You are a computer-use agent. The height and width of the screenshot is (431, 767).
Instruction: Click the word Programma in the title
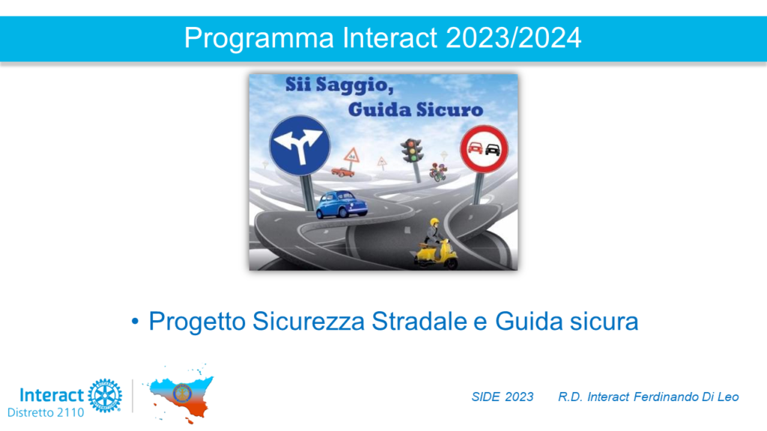pos(258,39)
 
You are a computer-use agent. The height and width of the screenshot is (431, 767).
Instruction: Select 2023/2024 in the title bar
pos(513,37)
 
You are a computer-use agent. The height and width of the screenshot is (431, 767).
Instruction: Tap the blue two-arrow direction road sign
pos(300,146)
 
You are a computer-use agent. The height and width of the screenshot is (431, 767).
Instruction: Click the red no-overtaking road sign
pos(484,149)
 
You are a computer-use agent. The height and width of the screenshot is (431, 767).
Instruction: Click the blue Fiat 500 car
pos(342,204)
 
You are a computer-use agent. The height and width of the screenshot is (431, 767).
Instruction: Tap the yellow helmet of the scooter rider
pos(434,222)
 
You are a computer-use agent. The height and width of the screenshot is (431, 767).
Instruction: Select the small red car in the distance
pos(342,171)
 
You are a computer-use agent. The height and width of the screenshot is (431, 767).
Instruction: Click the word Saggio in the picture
pos(354,85)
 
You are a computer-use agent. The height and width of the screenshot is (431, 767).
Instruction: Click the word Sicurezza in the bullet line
pos(309,322)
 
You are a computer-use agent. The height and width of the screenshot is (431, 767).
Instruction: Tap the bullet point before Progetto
pos(135,322)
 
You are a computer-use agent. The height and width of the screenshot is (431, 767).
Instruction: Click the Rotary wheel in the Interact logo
pos(105,395)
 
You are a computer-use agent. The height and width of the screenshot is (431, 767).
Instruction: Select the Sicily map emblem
pos(181,394)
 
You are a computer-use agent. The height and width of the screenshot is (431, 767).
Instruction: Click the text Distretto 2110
pos(46,413)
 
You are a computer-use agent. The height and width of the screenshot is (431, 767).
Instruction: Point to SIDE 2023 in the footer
pos(503,397)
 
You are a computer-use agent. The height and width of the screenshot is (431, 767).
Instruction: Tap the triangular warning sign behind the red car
pos(352,156)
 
